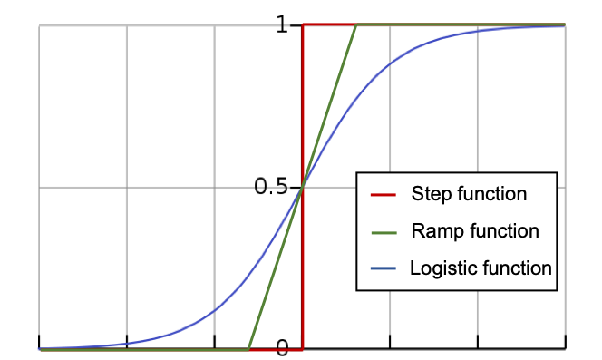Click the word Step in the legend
point(430,194)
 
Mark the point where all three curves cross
point(302,187)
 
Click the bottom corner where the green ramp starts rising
point(248,349)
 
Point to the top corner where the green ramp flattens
point(356,24)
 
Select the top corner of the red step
point(302,24)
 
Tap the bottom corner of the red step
point(302,349)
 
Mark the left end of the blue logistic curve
point(39,347)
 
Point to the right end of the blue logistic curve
point(564,26)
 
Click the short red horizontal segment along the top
point(328,24)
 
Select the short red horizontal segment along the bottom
point(276,349)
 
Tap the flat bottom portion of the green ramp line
point(145,349)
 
